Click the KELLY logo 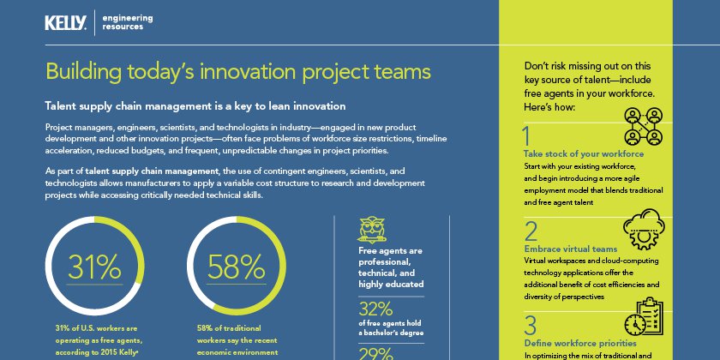tap(65, 22)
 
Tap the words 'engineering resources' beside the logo tap(128, 22)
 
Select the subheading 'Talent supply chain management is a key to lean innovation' tap(195, 106)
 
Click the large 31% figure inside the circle tap(94, 267)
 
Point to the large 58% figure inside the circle tap(236, 267)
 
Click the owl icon tap(371, 230)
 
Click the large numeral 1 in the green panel tap(526, 136)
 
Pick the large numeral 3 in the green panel tap(531, 325)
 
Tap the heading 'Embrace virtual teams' tap(571, 249)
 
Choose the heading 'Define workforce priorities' tap(580, 343)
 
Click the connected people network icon tap(643, 126)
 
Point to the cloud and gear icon tap(644, 229)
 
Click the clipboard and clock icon tap(644, 316)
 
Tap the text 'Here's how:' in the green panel tap(549, 107)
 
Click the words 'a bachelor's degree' tap(391, 333)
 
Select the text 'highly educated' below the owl tap(391, 285)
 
